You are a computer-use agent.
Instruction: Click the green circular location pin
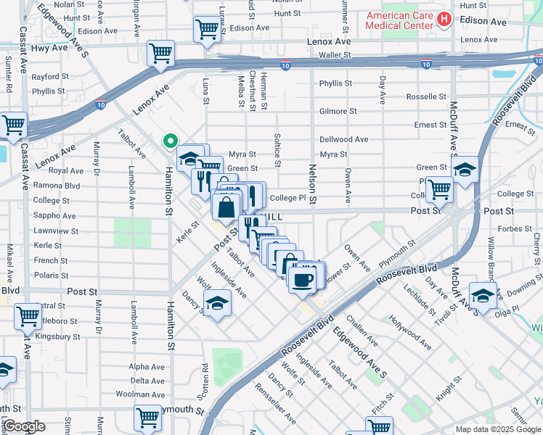pyautogui.click(x=171, y=141)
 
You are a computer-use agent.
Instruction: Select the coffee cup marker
pyautogui.click(x=301, y=278)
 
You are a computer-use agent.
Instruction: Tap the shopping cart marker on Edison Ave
pyautogui.click(x=207, y=29)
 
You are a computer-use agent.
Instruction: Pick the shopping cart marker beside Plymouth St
pyautogui.click(x=147, y=418)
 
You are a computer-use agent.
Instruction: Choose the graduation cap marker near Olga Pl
pyautogui.click(x=483, y=295)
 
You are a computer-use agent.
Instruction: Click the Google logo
pyautogui.click(x=24, y=426)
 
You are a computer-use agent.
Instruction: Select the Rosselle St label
pyautogui.click(x=426, y=96)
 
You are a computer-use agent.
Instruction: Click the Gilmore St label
pyautogui.click(x=338, y=112)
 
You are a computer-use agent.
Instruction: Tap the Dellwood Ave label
pyautogui.click(x=344, y=139)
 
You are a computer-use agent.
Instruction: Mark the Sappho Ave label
pyautogui.click(x=54, y=216)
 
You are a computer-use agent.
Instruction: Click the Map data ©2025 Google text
pyautogui.click(x=497, y=429)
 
